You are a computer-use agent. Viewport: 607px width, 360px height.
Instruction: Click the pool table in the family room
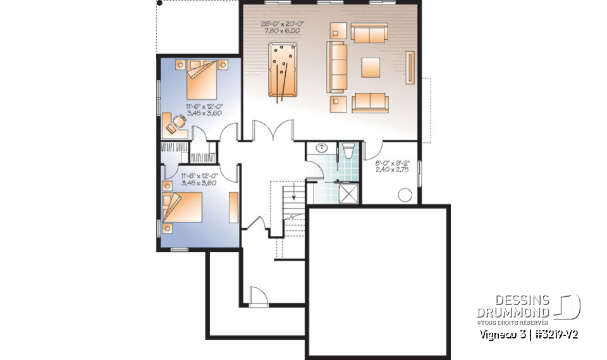coord(282,70)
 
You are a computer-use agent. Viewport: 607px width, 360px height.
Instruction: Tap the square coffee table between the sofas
coord(371,67)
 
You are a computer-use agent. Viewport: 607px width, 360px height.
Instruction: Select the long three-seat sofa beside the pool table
coord(336,66)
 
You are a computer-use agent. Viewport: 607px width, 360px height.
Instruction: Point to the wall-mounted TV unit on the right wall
coord(411,68)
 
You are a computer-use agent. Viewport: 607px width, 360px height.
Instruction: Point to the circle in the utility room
coord(405,195)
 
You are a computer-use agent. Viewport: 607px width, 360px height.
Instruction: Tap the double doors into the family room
coord(273,132)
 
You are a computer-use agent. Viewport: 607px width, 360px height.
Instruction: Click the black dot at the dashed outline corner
coord(159,3)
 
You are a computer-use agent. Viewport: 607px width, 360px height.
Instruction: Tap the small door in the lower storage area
coord(258,296)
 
